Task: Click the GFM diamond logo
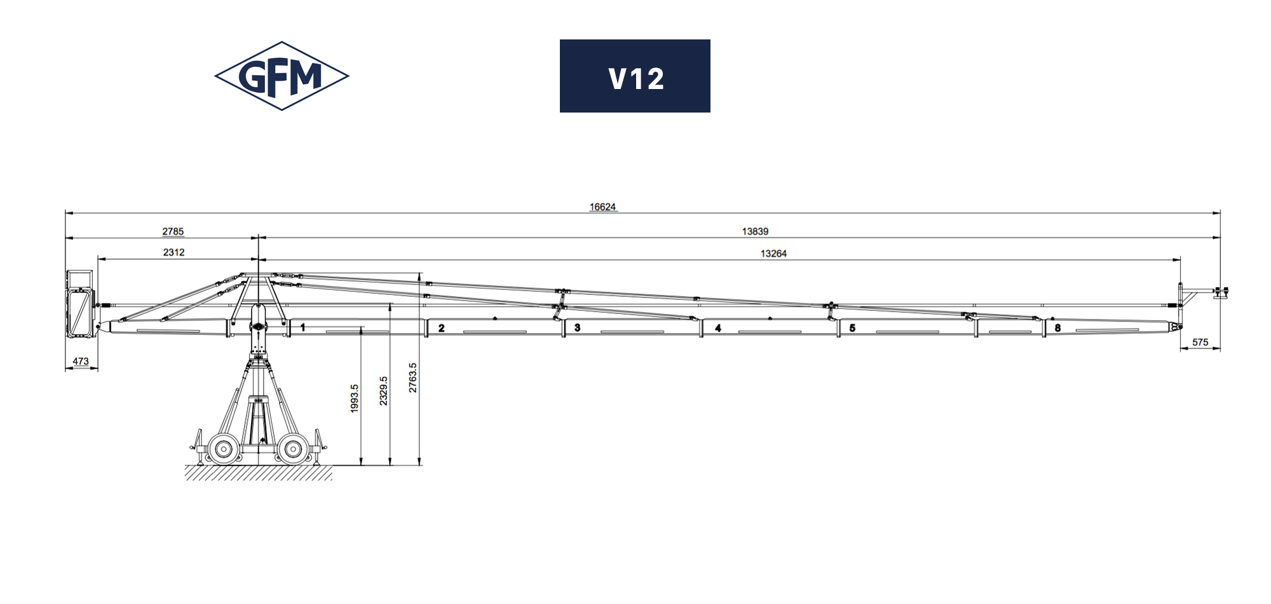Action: [x=282, y=76]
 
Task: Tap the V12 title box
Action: [x=635, y=76]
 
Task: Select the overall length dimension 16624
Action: [x=602, y=207]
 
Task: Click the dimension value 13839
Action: [x=755, y=231]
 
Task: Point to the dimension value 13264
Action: [x=773, y=254]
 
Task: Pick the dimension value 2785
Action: [x=173, y=231]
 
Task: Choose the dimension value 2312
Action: [x=173, y=252]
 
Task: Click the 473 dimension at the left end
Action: [x=81, y=361]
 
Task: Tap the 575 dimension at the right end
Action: [x=1200, y=342]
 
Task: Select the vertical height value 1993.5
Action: [x=355, y=399]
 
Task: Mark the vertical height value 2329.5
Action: [x=383, y=391]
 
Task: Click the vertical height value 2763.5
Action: [x=412, y=378]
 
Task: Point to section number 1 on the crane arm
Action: [x=303, y=327]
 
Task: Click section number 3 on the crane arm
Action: [x=577, y=327]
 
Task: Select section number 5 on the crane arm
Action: [x=852, y=328]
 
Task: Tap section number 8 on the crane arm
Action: [x=1057, y=328]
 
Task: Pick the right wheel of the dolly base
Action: [x=292, y=449]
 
